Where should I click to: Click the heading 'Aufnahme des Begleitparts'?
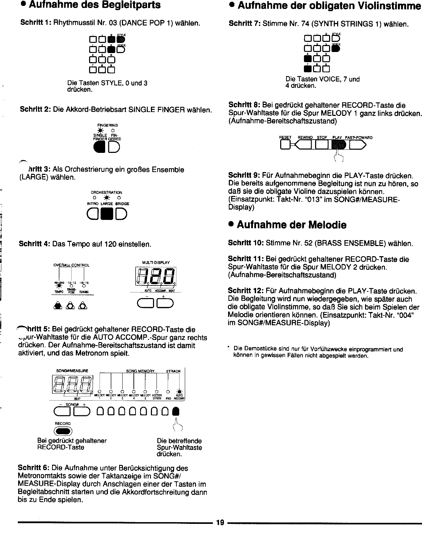[x=90, y=5]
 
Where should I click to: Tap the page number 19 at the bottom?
[x=220, y=522]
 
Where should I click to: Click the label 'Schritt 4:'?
[x=34, y=244]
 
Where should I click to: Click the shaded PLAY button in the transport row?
[x=337, y=144]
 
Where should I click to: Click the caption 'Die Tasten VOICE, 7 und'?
[x=322, y=79]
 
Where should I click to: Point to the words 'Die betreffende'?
[x=179, y=441]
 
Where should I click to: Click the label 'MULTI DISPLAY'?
[x=156, y=262]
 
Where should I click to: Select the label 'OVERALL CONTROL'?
[x=71, y=265]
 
